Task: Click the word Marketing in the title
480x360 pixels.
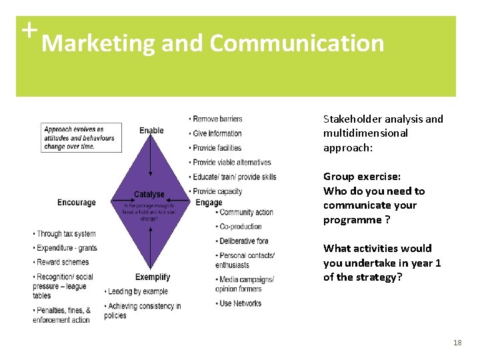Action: [x=98, y=44]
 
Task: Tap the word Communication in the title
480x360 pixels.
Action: [x=297, y=44]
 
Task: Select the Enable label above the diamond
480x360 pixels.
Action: [x=151, y=131]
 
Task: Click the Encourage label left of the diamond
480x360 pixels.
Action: [x=77, y=203]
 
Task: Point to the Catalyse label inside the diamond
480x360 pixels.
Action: [x=149, y=195]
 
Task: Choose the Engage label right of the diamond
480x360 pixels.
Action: [x=209, y=203]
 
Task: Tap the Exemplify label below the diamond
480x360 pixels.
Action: [x=153, y=277]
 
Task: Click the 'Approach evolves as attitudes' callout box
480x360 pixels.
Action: [x=81, y=137]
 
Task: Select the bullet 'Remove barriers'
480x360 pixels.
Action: [x=217, y=119]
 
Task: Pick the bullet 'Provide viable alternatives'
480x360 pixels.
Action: [x=231, y=162]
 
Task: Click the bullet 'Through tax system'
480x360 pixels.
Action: [x=66, y=234]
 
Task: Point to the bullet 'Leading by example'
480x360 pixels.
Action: [x=138, y=291]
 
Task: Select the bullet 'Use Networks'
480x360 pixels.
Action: [x=240, y=303]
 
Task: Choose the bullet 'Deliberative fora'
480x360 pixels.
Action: [x=243, y=241]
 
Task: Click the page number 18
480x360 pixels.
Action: [x=457, y=343]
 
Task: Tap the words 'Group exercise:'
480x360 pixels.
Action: [x=362, y=177]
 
